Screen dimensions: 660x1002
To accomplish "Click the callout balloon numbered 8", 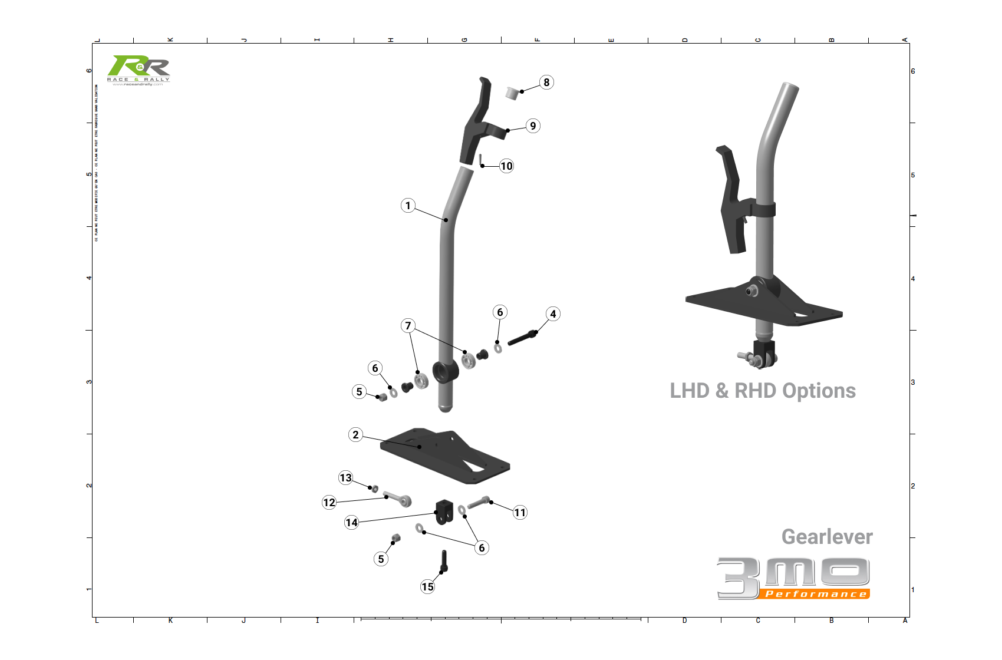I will [x=546, y=82].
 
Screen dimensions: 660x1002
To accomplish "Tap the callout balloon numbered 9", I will [x=533, y=126].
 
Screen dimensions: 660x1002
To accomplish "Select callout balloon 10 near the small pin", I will [x=506, y=166].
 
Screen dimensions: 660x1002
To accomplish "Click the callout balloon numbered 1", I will [x=408, y=206].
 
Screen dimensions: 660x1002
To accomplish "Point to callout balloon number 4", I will [x=553, y=314].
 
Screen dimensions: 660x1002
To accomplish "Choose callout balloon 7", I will [x=408, y=326].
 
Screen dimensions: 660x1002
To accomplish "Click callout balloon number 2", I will [x=355, y=435].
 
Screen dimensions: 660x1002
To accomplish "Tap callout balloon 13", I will [x=345, y=478].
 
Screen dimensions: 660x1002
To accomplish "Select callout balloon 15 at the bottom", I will [x=427, y=587].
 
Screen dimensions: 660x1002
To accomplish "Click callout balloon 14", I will [x=351, y=523].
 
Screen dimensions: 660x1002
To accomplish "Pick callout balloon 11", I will [x=519, y=513].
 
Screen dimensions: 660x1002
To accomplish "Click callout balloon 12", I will [x=329, y=503].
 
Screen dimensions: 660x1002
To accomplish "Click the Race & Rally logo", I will [x=139, y=70].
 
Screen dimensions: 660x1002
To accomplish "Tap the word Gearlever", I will [x=826, y=537].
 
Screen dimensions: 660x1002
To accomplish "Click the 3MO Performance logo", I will [x=793, y=578].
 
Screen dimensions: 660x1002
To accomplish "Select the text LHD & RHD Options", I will [x=762, y=391].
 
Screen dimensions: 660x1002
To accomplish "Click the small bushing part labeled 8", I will [x=512, y=93].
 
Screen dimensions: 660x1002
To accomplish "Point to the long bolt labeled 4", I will [x=522, y=338].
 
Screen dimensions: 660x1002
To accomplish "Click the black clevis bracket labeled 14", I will [x=444, y=511].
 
